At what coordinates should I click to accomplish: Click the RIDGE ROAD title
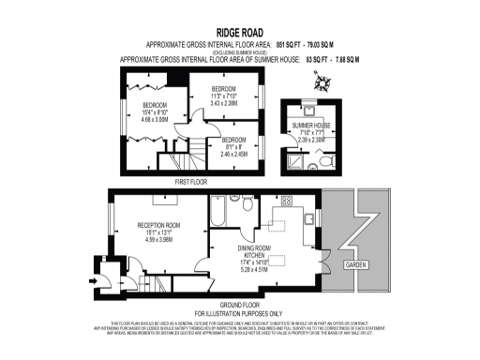(x=240, y=30)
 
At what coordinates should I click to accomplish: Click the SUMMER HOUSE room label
(x=311, y=125)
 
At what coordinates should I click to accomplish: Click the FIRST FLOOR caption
(x=192, y=181)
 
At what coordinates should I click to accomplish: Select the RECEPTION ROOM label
(x=158, y=225)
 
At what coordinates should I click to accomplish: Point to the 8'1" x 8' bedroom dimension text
(x=227, y=145)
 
